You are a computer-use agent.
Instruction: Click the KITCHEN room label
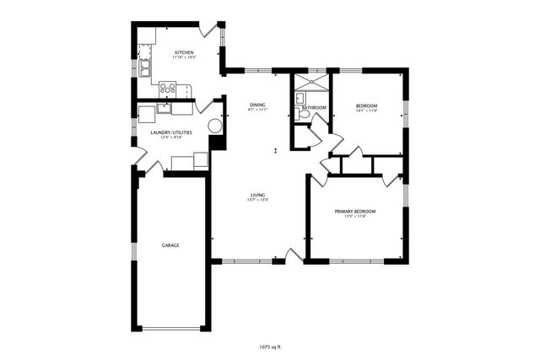[185, 52]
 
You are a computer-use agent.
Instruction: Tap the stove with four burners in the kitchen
[168, 87]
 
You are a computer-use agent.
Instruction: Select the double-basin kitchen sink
[144, 67]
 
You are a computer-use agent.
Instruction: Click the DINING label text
[257, 105]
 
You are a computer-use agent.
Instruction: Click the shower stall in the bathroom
[310, 83]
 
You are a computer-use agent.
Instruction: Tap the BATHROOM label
[315, 108]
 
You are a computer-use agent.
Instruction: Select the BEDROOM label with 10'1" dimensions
[366, 105]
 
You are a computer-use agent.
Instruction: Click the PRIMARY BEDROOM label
[354, 211]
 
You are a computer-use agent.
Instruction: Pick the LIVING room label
[258, 195]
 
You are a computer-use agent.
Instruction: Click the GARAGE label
[170, 245]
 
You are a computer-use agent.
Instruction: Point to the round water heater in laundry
[215, 126]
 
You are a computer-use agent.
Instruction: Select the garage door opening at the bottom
[171, 328]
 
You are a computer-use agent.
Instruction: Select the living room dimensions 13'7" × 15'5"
[258, 201]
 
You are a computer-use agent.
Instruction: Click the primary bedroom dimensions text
[354, 217]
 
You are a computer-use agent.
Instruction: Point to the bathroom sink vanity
[299, 99]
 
